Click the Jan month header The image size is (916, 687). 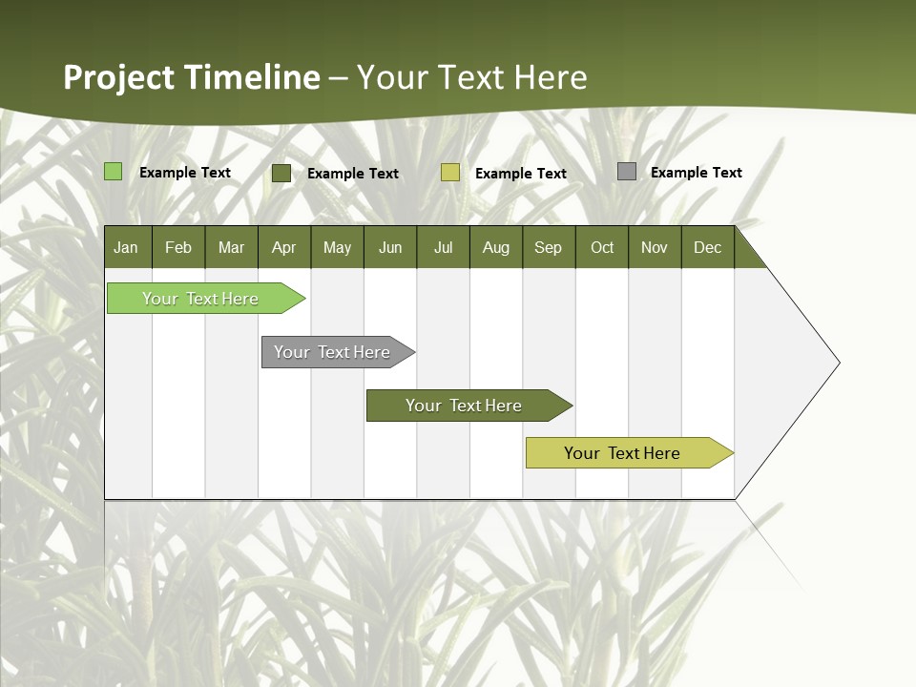point(126,247)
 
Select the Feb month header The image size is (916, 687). point(178,247)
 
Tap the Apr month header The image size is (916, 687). point(284,247)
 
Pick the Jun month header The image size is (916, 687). point(390,247)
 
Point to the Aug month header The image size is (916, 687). point(496,247)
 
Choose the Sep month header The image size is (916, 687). point(549,247)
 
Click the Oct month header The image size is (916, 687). point(602,247)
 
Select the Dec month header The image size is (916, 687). point(708,247)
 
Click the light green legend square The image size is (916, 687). point(114,172)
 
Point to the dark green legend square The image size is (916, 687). point(281,173)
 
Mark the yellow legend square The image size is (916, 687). point(450,173)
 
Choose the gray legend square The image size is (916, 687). point(627,172)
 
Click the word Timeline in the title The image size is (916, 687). point(251,77)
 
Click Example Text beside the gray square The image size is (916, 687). point(696,173)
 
